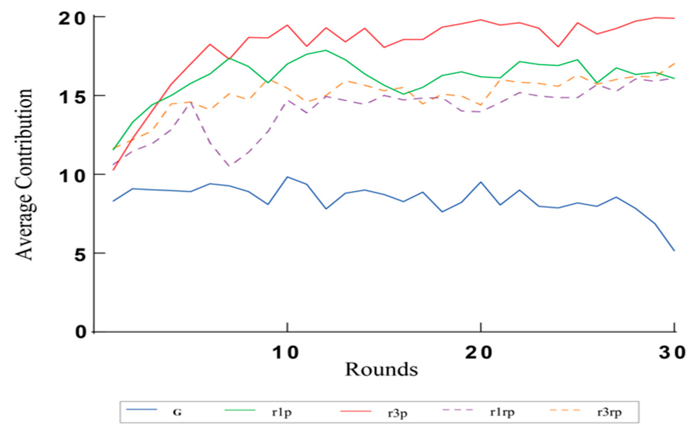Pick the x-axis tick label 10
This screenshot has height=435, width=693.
[x=286, y=353]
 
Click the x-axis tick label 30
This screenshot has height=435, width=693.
[x=672, y=353]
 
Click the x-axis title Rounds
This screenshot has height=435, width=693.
[x=381, y=369]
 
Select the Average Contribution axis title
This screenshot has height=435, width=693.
[x=24, y=174]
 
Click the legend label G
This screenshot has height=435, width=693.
[x=177, y=413]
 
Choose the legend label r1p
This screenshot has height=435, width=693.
[x=282, y=413]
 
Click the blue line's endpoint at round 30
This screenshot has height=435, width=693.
[x=674, y=251]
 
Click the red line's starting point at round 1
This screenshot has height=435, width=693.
[x=114, y=170]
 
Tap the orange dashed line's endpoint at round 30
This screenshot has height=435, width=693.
[x=674, y=63]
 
